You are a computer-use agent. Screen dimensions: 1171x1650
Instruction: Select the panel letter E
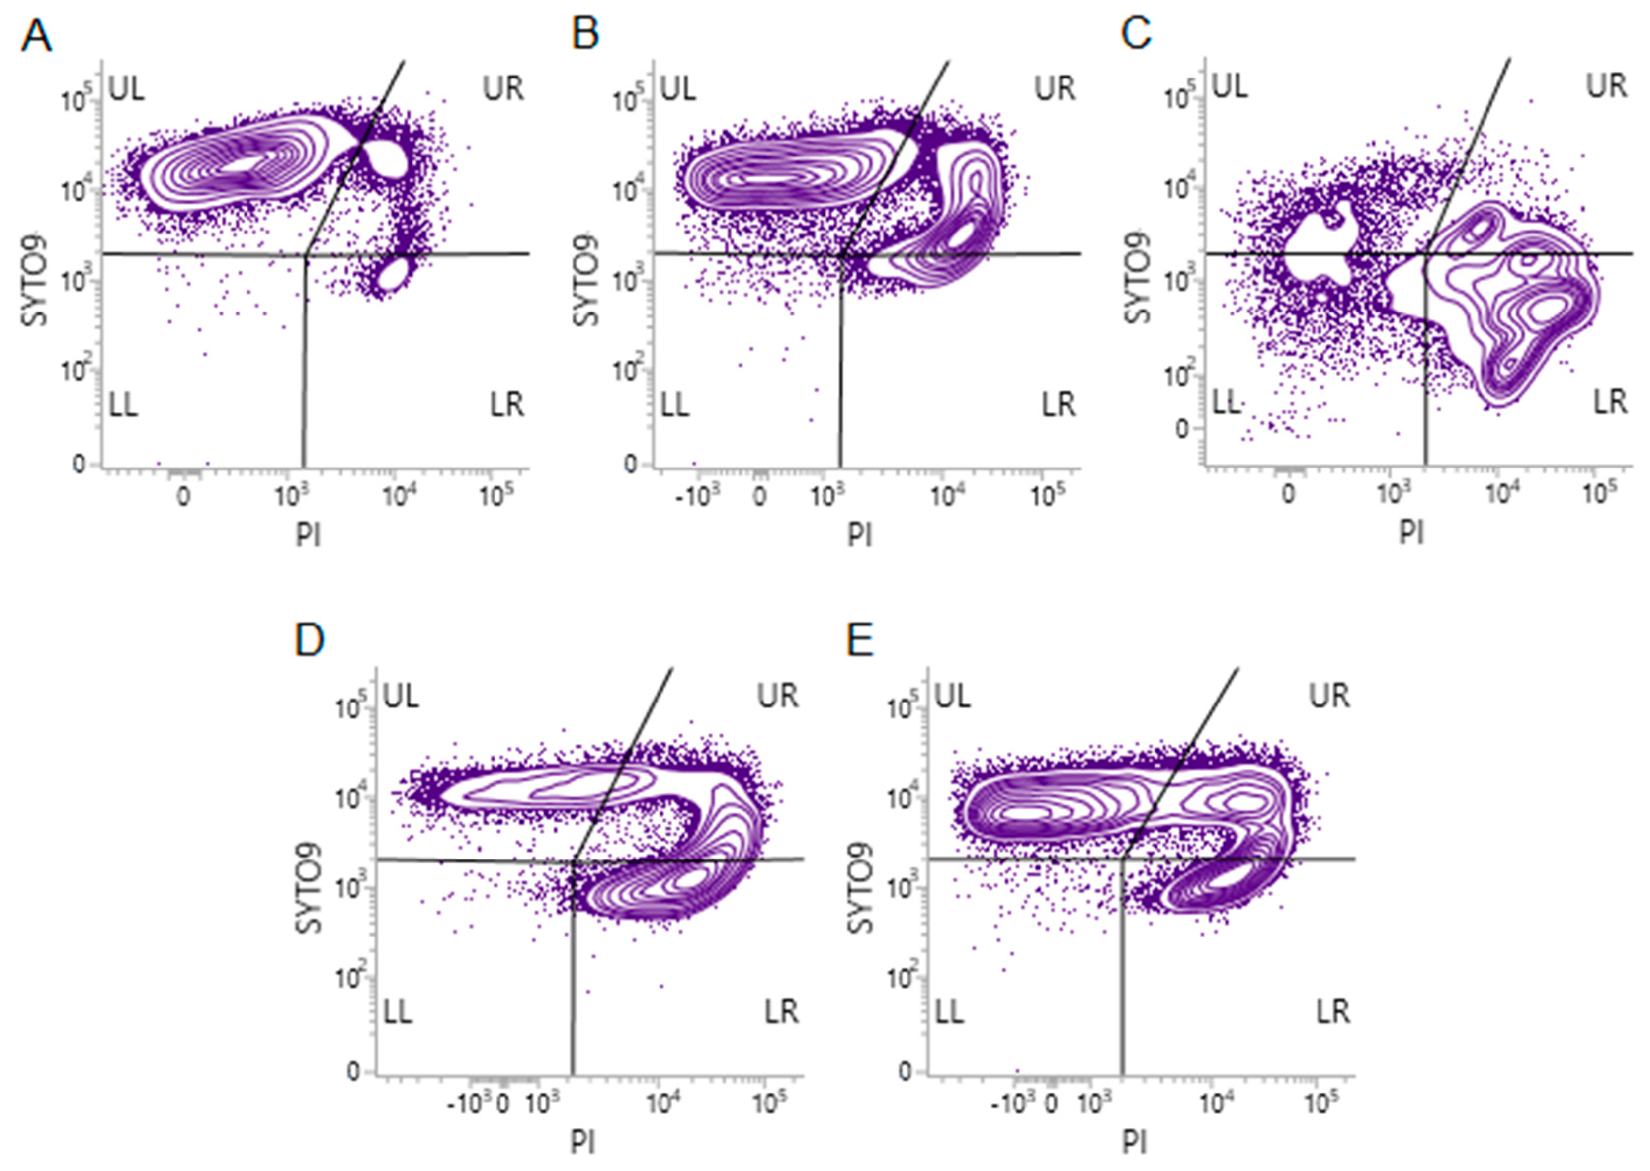[x=860, y=640]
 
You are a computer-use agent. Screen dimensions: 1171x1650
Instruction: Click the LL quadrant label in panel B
[x=675, y=405]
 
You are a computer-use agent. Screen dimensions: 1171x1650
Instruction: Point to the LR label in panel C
[x=1610, y=401]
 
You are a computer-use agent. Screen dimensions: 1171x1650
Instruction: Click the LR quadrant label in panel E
[x=1332, y=1013]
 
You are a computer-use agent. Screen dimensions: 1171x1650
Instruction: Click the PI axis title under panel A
[x=308, y=535]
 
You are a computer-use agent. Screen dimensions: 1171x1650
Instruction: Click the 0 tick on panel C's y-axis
[x=1180, y=428]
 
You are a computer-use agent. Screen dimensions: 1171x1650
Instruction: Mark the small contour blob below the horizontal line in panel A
[x=394, y=275]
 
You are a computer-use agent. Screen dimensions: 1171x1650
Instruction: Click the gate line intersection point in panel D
[x=574, y=860]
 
